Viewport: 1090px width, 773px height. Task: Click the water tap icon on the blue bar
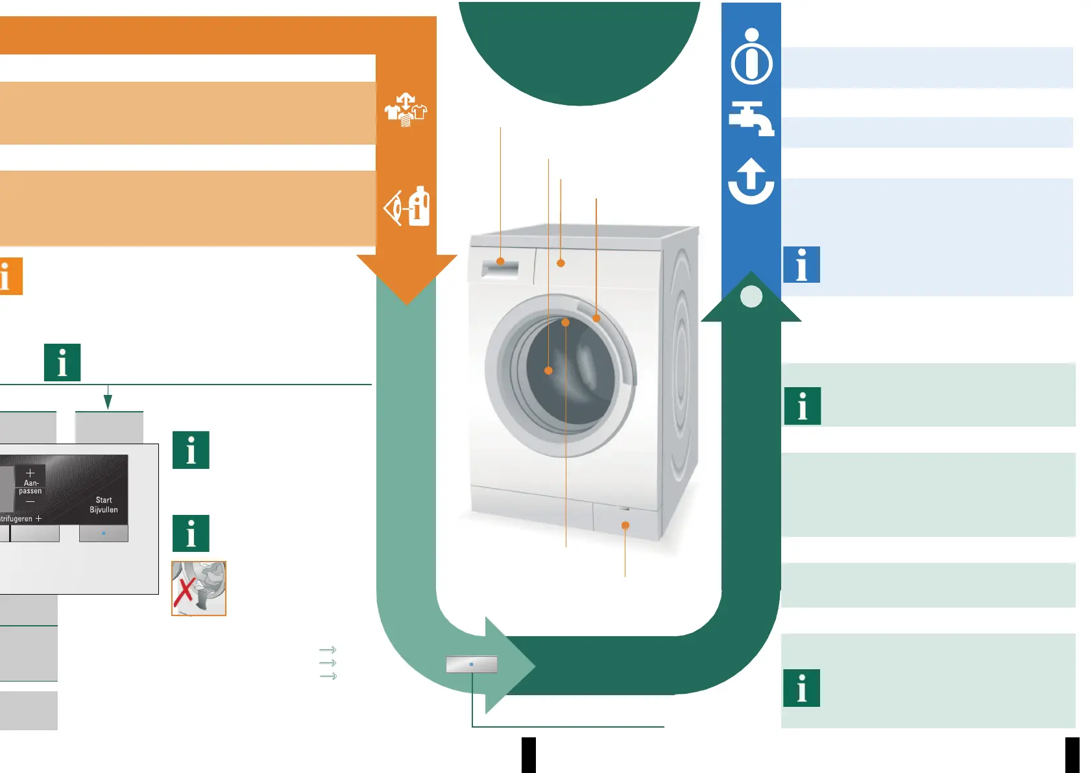(x=751, y=119)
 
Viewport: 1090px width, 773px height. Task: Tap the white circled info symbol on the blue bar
(x=751, y=58)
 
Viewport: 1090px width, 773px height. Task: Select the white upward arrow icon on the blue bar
(x=751, y=181)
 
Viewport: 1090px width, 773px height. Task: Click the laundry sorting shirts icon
(x=406, y=110)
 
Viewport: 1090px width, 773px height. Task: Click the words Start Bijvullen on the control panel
(x=104, y=505)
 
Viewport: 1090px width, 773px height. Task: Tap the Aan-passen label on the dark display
(x=30, y=487)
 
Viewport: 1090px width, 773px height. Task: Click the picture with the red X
(x=199, y=588)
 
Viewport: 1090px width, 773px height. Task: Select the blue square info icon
(x=801, y=265)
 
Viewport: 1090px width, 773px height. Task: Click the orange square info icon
(x=10, y=276)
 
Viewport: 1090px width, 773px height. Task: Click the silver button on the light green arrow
(x=471, y=664)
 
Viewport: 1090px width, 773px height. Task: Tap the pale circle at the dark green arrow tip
(x=751, y=296)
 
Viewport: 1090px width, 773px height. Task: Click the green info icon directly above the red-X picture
(x=191, y=533)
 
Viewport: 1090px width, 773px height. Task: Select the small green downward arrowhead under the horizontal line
(x=108, y=402)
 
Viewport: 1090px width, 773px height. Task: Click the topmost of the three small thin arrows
(x=328, y=650)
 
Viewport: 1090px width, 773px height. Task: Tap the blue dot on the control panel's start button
(x=104, y=533)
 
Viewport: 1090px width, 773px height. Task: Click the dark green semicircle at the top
(x=579, y=45)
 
